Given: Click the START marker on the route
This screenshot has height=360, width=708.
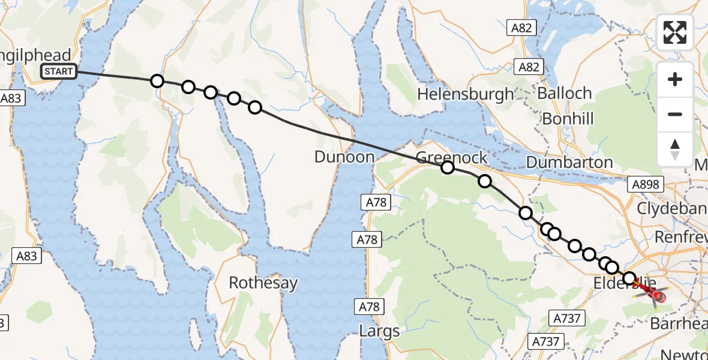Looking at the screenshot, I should [59, 71].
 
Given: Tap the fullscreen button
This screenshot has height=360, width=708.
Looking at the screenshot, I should [675, 32].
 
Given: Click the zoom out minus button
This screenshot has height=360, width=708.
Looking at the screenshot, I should [675, 114].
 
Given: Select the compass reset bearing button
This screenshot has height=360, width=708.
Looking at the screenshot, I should [675, 149].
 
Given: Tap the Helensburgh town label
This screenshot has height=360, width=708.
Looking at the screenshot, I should [466, 94].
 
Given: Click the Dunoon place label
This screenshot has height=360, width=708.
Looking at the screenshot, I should [344, 158].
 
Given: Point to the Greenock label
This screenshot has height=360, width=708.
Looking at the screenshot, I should [451, 158].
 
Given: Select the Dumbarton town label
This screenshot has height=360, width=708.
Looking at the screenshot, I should [569, 163].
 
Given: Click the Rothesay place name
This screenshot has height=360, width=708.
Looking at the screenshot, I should [263, 283].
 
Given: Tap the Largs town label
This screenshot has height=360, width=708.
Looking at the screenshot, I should [380, 331].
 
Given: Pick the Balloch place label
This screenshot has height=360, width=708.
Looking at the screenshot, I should [565, 94].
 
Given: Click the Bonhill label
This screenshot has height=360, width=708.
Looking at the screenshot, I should [568, 118].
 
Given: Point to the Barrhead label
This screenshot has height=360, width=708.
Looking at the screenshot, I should [678, 324].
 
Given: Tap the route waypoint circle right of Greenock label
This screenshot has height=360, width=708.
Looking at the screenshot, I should [484, 181].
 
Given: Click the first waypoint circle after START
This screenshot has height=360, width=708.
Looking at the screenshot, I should [157, 80].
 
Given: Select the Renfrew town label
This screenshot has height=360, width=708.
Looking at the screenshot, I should [680, 237].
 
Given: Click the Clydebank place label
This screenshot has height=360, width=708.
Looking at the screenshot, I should [671, 209].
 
